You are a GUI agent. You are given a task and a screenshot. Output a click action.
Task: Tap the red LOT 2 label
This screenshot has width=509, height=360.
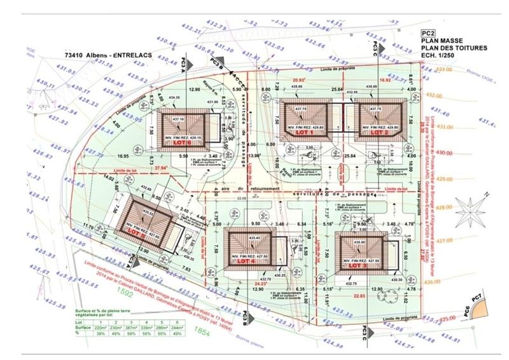coord(379,132)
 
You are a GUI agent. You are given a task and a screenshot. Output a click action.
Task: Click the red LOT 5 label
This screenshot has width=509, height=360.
coord(136,232)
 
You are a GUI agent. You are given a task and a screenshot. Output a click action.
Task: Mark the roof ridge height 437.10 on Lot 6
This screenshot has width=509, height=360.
coord(179,119)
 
